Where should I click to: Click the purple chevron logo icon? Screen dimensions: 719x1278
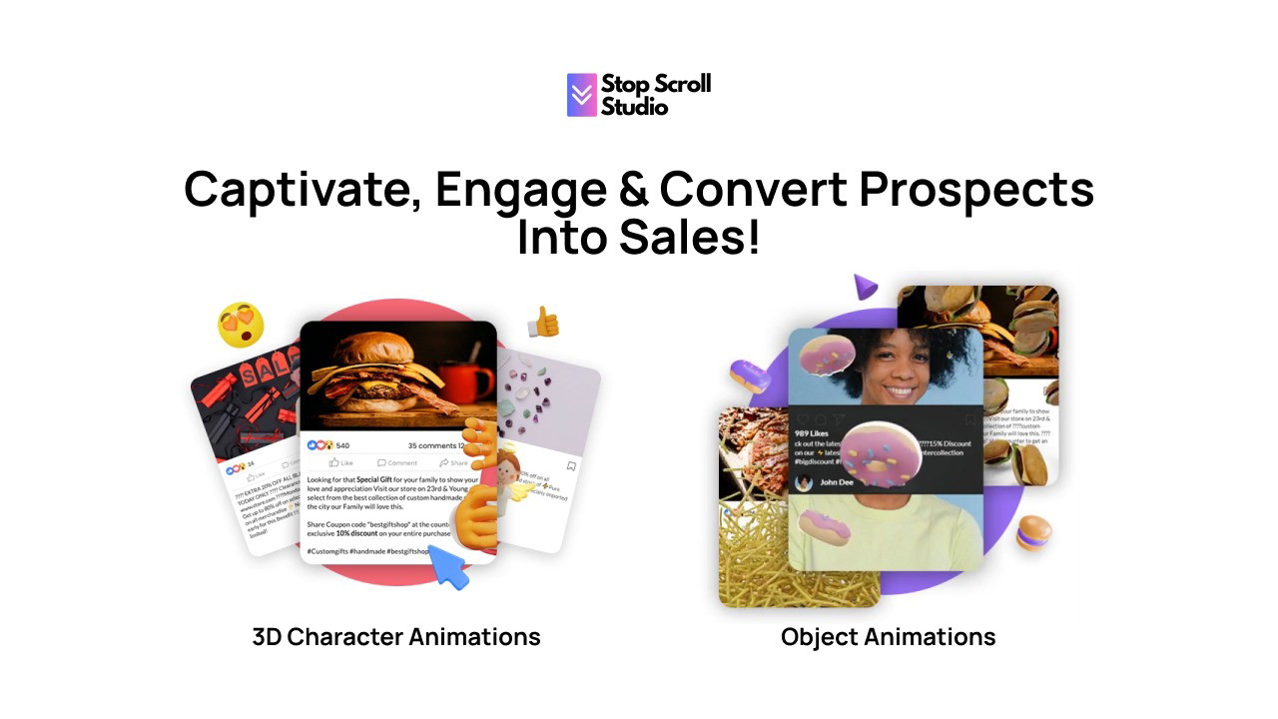pos(582,95)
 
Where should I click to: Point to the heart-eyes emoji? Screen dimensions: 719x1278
pos(241,326)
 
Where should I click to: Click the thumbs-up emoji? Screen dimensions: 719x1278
pos(543,322)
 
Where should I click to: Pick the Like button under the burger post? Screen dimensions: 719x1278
pos(341,463)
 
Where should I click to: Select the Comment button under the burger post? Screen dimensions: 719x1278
pos(397,463)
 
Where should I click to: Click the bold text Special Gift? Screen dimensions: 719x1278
pos(375,479)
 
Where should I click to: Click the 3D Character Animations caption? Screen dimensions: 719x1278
pos(396,637)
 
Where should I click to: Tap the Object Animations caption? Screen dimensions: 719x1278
pos(888,637)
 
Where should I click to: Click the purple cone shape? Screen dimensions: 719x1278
pos(865,289)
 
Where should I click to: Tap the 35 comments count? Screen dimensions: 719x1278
pos(435,445)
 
